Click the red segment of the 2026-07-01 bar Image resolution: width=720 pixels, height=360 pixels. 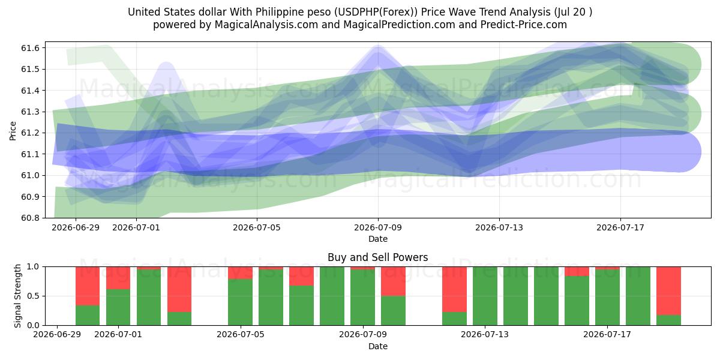[x=118, y=278]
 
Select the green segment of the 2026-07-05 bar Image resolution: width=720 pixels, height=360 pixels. [x=240, y=302]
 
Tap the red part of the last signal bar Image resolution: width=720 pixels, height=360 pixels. [x=668, y=291]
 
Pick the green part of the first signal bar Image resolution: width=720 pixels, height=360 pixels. [x=88, y=315]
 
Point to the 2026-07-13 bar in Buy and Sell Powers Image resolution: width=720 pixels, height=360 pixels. [x=485, y=296]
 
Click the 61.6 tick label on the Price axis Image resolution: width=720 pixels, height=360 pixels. [x=30, y=48]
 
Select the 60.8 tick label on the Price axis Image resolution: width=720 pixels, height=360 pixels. [x=30, y=218]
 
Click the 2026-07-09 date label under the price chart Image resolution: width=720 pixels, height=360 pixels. [x=378, y=227]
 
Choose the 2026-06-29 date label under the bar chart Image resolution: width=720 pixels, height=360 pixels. [x=57, y=334]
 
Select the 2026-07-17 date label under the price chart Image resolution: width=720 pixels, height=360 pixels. [x=620, y=227]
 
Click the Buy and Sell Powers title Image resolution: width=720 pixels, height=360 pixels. [x=377, y=257]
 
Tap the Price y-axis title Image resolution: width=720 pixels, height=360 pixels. [x=13, y=131]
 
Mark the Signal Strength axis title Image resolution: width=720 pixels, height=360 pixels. [x=17, y=296]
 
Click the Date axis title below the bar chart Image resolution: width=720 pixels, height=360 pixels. [x=378, y=346]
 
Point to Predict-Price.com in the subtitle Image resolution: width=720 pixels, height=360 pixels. [x=524, y=25]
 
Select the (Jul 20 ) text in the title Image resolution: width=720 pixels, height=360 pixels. [x=573, y=12]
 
